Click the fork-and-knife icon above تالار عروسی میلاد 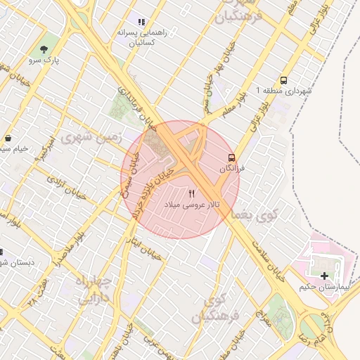[x=193, y=193]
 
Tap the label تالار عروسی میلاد [x=193, y=204]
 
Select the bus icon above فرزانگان [x=231, y=157]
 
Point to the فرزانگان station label [x=233, y=169]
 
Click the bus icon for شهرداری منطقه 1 [x=283, y=81]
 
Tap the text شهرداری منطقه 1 [x=283, y=91]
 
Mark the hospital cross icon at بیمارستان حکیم [x=324, y=276]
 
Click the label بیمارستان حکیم [x=323, y=287]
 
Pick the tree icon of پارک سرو [x=45, y=50]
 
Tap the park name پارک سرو [x=45, y=61]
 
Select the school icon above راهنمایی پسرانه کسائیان [x=141, y=22]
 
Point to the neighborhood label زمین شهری [x=91, y=137]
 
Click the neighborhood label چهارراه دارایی [x=95, y=288]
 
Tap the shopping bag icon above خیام [x=7, y=138]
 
